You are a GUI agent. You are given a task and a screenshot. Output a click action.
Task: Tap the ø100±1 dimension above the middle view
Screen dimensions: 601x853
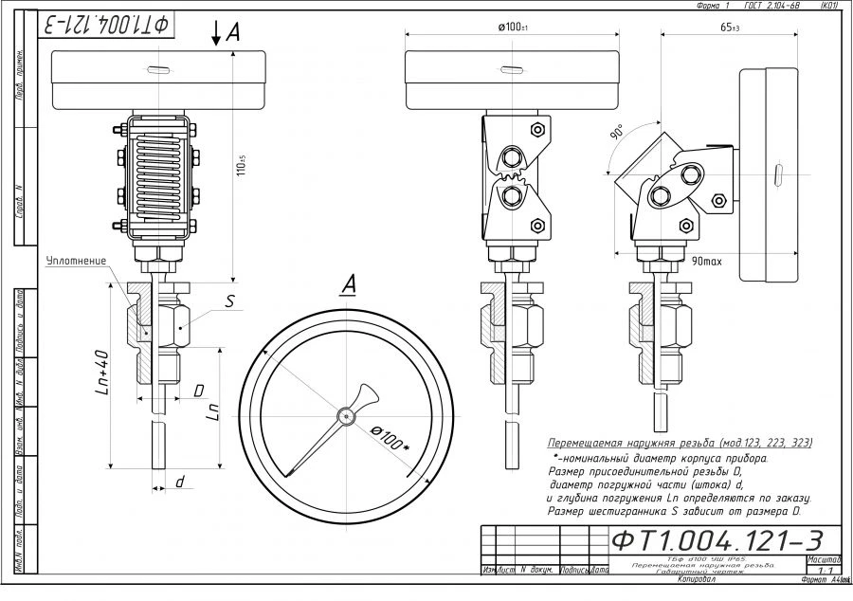click(513, 27)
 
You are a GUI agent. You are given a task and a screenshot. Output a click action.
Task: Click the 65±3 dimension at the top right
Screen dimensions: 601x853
click(729, 27)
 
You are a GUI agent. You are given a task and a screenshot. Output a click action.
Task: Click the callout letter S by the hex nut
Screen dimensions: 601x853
click(229, 301)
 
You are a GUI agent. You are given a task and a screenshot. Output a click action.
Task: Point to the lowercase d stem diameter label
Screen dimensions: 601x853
click(179, 483)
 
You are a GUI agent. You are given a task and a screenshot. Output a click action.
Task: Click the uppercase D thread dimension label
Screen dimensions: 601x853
click(198, 390)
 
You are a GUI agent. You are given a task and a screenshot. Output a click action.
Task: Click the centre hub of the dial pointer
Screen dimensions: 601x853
click(348, 415)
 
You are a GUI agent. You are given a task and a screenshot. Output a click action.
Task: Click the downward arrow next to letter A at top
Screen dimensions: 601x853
click(216, 34)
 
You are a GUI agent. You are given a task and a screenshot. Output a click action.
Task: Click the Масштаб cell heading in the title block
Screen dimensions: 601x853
click(822, 560)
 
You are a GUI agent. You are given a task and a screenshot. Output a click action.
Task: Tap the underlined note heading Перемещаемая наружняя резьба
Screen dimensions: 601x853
click(680, 443)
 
